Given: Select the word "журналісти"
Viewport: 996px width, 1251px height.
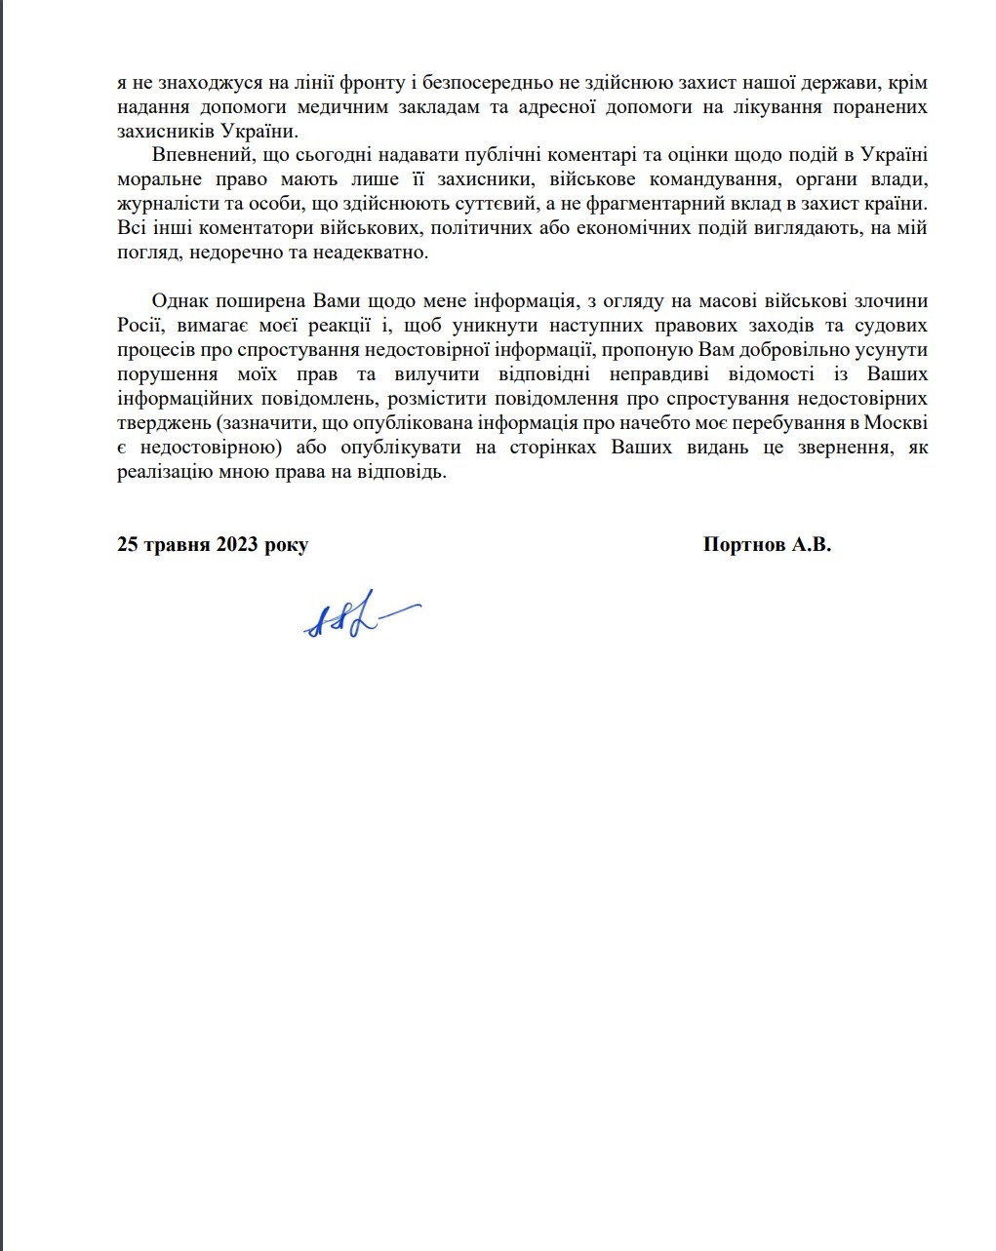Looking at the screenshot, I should pyautogui.click(x=161, y=204).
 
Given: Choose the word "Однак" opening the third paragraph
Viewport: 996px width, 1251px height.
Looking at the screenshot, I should pyautogui.click(x=180, y=301).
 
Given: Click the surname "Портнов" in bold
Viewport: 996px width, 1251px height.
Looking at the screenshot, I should pyautogui.click(x=744, y=545).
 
